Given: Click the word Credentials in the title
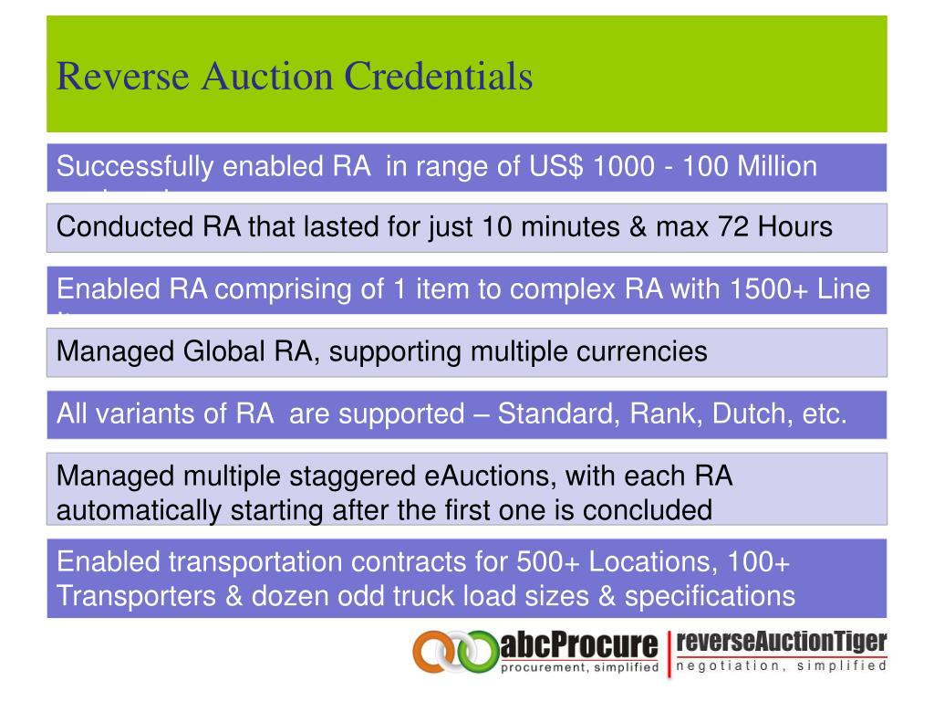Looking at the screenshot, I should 438,76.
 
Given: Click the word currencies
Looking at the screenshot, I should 638,351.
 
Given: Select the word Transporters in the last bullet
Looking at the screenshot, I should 137,596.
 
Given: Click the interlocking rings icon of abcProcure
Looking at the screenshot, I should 453,651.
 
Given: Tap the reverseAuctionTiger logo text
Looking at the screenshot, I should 783,643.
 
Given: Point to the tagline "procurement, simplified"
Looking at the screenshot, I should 580,667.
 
